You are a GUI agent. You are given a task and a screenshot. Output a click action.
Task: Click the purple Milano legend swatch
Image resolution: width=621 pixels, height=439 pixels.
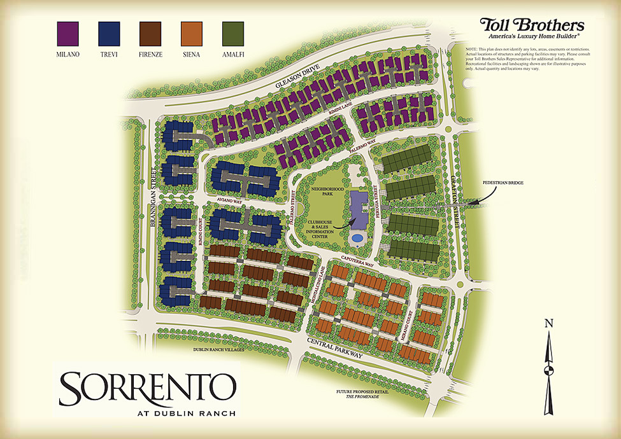(x=68, y=33)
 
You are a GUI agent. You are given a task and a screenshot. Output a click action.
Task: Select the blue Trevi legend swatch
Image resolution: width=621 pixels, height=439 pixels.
(x=109, y=33)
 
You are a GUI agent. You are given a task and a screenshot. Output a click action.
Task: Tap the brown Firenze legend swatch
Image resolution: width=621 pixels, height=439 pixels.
(x=150, y=33)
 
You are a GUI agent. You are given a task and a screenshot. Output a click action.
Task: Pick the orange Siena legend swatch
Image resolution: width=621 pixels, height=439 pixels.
(x=191, y=33)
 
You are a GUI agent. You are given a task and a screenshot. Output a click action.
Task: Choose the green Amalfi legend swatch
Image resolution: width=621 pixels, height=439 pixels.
(x=232, y=33)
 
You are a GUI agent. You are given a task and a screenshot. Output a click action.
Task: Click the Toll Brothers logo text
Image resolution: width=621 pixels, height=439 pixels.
(x=532, y=25)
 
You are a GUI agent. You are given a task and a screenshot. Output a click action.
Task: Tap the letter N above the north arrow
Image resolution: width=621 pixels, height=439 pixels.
(x=548, y=323)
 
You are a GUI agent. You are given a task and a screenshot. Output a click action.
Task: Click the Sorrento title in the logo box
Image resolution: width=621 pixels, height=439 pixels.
(x=147, y=384)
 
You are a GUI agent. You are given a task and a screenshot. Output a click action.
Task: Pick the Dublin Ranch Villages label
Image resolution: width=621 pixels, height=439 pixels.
(x=218, y=350)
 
